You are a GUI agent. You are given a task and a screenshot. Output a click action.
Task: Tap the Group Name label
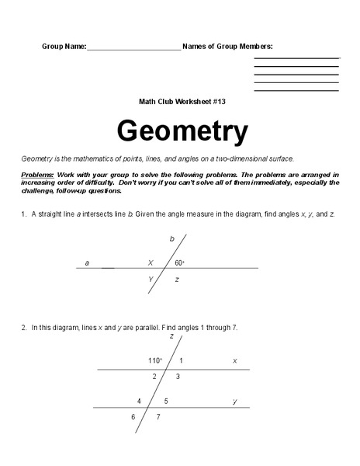pos(64,47)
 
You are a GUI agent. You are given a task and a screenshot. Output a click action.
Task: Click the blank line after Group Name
pos(133,48)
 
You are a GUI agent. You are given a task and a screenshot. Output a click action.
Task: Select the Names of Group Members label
pos(227,47)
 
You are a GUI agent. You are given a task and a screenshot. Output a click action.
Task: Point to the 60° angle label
pos(180,263)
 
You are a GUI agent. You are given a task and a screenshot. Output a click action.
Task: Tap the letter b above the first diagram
pos(172,238)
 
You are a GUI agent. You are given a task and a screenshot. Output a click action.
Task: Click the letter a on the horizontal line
pos(87,263)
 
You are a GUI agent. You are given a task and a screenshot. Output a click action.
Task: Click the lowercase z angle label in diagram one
pos(178,278)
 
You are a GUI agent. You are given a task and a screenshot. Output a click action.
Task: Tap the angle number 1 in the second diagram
pos(181,361)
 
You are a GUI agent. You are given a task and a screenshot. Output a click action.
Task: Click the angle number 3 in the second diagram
pos(178,377)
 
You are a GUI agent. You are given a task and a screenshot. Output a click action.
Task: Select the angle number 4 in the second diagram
pos(139,401)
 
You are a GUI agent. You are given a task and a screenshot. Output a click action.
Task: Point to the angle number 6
pos(133,417)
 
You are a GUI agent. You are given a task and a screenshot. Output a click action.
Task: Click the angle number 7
pos(158,417)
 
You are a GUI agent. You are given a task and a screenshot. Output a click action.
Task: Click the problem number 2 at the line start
pos(25,327)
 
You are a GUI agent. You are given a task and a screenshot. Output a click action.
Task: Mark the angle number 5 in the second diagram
pos(165,401)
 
